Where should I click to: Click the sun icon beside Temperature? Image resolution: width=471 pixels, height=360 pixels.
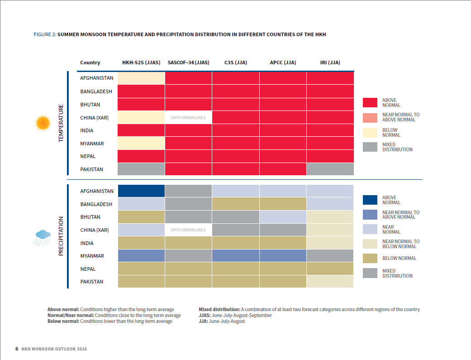tap(43, 123)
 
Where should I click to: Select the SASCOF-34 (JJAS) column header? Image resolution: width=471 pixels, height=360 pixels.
tap(188, 62)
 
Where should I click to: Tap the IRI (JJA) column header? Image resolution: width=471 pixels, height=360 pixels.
tap(330, 62)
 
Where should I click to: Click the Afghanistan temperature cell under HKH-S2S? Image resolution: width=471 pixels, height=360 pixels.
tap(141, 78)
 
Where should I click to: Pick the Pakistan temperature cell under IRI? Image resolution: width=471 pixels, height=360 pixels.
tap(330, 169)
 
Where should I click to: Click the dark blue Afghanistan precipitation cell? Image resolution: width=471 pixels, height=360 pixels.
tap(141, 191)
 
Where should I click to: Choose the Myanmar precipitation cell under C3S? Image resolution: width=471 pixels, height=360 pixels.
tap(236, 256)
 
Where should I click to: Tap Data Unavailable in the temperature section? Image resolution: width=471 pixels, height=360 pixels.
tap(188, 118)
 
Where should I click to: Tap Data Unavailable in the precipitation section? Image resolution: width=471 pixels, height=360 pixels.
tap(188, 230)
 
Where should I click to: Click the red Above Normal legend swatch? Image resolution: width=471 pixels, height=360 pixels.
tap(370, 102)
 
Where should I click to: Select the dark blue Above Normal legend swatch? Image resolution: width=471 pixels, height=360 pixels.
tap(370, 200)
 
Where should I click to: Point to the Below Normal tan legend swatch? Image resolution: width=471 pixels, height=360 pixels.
tap(370, 259)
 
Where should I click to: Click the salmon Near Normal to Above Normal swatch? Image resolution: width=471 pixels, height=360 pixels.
tap(370, 118)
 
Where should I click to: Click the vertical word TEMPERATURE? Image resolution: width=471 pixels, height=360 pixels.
tap(61, 123)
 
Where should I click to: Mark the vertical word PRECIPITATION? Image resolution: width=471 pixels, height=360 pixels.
tap(61, 236)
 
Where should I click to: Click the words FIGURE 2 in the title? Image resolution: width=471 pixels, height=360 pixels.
tap(45, 34)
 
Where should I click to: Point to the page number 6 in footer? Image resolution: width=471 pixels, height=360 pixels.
tap(17, 349)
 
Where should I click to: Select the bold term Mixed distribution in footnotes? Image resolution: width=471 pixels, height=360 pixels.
tap(219, 309)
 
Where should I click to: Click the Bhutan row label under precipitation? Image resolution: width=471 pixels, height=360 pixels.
tap(90, 217)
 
